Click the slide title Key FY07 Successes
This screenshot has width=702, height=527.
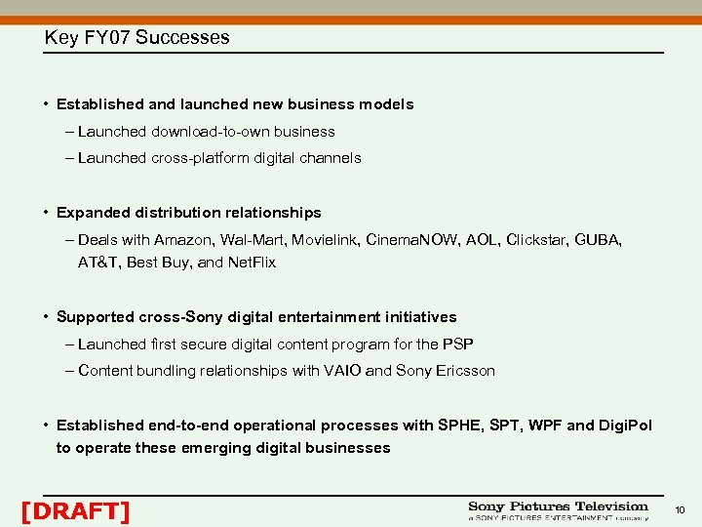(x=136, y=38)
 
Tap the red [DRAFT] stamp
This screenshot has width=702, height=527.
(x=75, y=510)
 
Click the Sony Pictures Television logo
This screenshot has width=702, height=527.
(x=558, y=511)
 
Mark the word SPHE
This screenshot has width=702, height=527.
(x=460, y=426)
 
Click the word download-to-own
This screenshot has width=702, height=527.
(x=211, y=132)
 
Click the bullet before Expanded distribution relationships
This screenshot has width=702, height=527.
(x=46, y=213)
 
